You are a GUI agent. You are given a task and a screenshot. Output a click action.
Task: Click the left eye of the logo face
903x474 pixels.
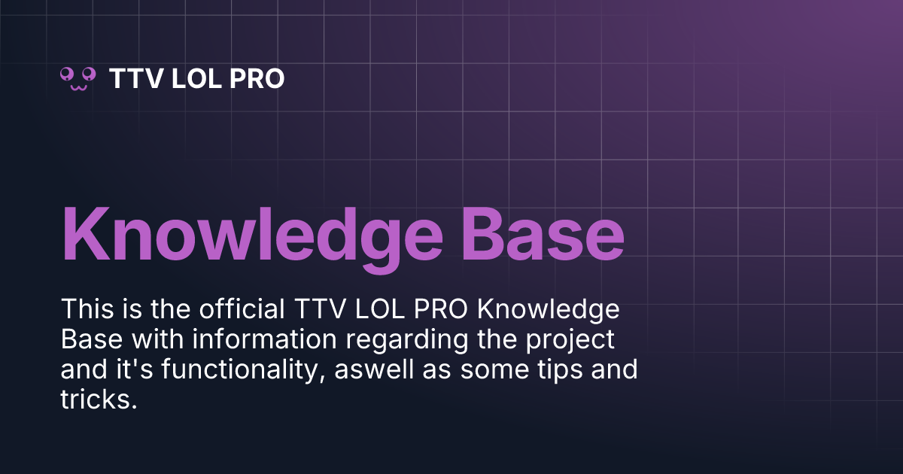point(68,73)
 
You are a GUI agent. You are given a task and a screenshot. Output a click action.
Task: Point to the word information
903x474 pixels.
point(267,340)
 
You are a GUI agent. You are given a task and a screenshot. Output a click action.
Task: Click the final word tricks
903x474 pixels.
point(97,400)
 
